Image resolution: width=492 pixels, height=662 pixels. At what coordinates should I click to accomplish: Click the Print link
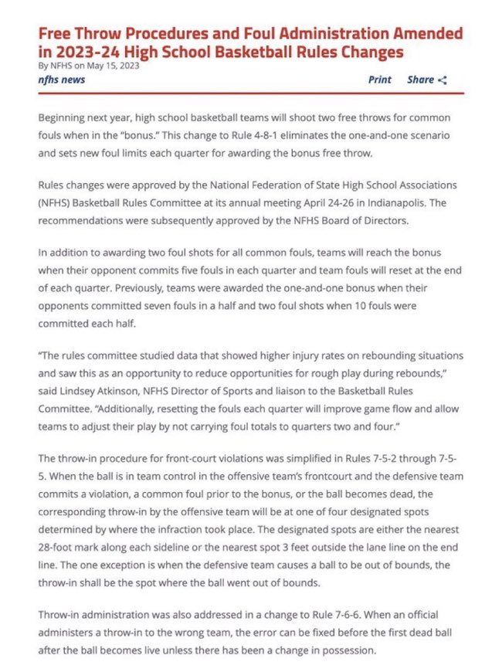[379, 80]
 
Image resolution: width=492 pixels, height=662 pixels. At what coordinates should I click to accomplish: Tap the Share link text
[420, 80]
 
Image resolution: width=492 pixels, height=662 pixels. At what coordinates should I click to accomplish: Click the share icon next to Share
[442, 80]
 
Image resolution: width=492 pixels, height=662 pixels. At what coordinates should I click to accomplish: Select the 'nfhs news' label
[62, 80]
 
